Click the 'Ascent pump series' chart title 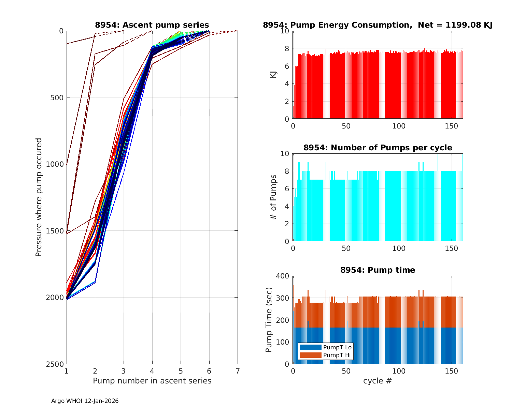[x=152, y=25]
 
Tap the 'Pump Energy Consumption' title [x=378, y=25]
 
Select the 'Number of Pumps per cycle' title [x=378, y=148]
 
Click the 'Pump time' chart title [x=378, y=270]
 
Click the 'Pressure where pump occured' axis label [x=39, y=197]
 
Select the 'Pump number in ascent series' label [x=152, y=381]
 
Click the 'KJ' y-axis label [x=273, y=75]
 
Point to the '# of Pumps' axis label [x=273, y=197]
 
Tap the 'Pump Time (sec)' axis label [x=269, y=320]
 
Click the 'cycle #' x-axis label [x=378, y=381]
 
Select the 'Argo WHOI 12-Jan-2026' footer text [x=85, y=401]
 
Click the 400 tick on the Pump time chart [x=283, y=276]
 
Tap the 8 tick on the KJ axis [x=286, y=48]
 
